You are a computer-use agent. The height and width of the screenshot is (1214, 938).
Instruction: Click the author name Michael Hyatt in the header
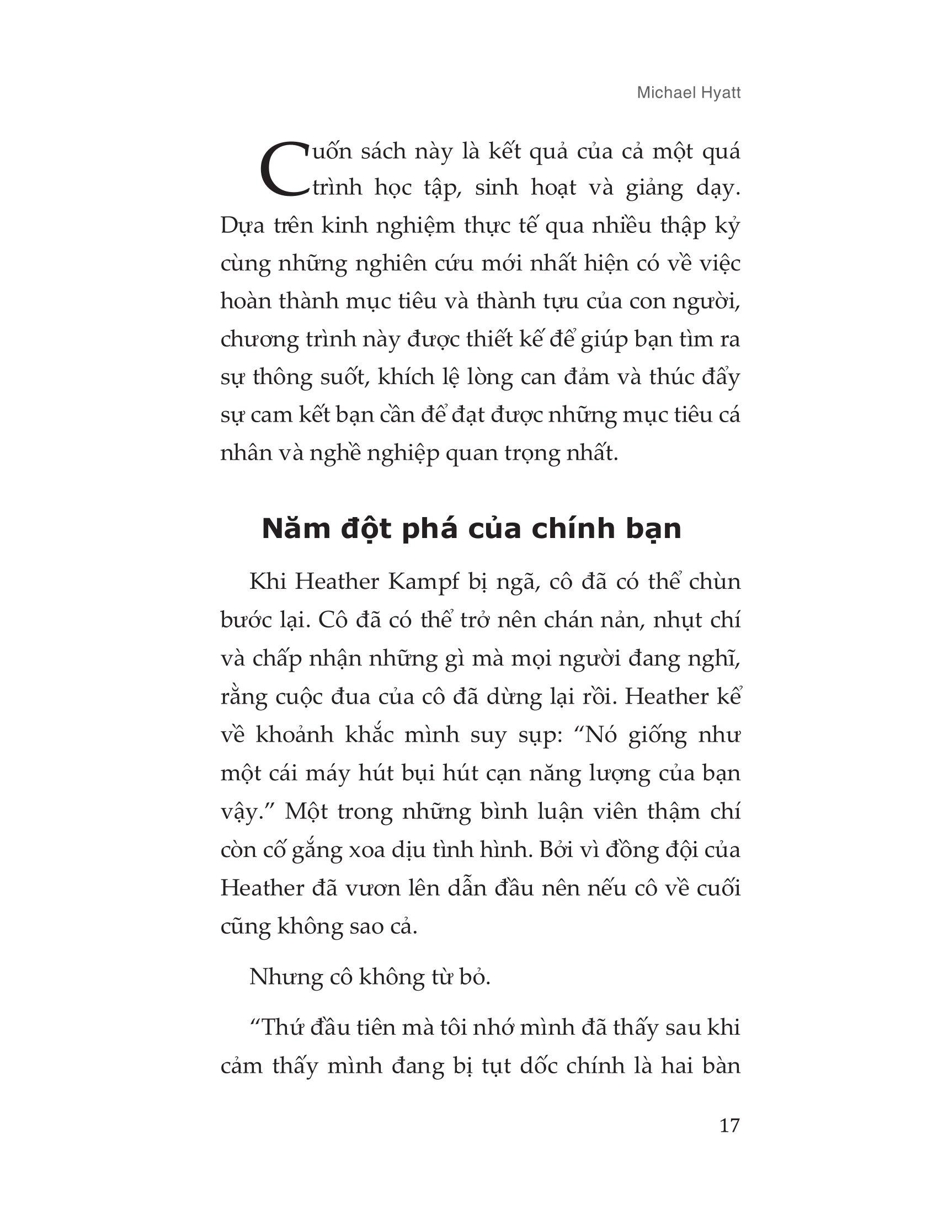689,93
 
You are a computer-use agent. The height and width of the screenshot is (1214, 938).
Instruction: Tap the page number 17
729,1126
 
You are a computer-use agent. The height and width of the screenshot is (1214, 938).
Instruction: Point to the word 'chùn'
715,582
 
